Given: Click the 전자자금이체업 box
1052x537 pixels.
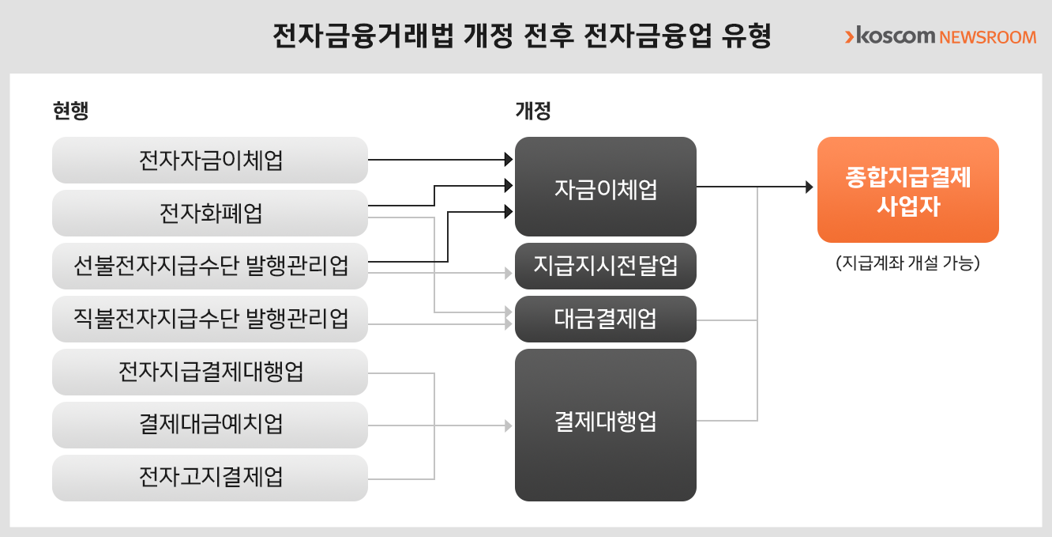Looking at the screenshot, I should [x=210, y=161].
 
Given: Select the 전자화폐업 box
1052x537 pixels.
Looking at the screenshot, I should [x=210, y=214].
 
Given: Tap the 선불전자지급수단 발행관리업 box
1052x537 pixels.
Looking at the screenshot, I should [x=210, y=266].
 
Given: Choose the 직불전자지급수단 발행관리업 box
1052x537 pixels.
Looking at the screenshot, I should [x=210, y=319].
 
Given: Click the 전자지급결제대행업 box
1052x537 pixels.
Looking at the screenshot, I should [x=210, y=372].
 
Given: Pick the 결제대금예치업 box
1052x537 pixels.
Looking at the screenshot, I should [x=210, y=425].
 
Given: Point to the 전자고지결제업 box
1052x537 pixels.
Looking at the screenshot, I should [x=210, y=478].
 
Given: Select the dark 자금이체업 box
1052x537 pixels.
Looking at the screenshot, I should [x=605, y=187].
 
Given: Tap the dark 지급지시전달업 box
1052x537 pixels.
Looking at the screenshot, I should [x=605, y=266].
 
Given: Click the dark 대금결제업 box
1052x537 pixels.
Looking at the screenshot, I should [x=605, y=319].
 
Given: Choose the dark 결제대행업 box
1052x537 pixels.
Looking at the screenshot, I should [x=605, y=425].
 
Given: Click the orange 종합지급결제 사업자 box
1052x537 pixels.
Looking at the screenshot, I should [x=907, y=190].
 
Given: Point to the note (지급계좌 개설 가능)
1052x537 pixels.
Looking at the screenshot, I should [x=907, y=263].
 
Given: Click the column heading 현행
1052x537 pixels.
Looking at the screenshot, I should [x=70, y=112].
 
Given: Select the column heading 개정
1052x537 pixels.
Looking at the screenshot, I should [x=532, y=112].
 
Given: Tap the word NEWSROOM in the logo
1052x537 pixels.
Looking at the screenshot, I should [x=988, y=37].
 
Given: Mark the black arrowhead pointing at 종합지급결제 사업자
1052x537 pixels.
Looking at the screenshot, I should [x=808, y=187].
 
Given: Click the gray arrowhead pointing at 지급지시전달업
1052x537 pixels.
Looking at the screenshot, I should [x=508, y=274].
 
